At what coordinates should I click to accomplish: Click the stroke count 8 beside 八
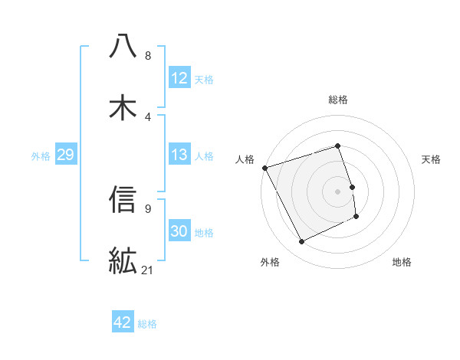[x=147, y=56]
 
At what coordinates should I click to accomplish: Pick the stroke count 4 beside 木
[x=147, y=116]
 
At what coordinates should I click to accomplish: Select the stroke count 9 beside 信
[x=147, y=208]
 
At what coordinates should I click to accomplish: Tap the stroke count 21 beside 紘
[x=149, y=270]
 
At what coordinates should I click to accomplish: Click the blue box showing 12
[x=179, y=78]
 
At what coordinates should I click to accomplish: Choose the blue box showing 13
[x=179, y=155]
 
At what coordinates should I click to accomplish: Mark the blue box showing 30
[x=179, y=231]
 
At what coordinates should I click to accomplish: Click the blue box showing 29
[x=65, y=155]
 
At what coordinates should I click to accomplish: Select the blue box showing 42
[x=122, y=322]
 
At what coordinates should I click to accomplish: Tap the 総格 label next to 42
[x=147, y=323]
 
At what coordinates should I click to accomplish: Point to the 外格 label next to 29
[x=41, y=155]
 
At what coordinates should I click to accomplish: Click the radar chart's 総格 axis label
[x=337, y=100]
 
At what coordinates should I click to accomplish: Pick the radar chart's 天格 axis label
[x=432, y=159]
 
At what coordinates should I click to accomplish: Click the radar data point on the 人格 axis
[x=264, y=168]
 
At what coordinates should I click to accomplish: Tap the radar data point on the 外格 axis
[x=301, y=242]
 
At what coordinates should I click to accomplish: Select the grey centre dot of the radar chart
[x=337, y=191]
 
